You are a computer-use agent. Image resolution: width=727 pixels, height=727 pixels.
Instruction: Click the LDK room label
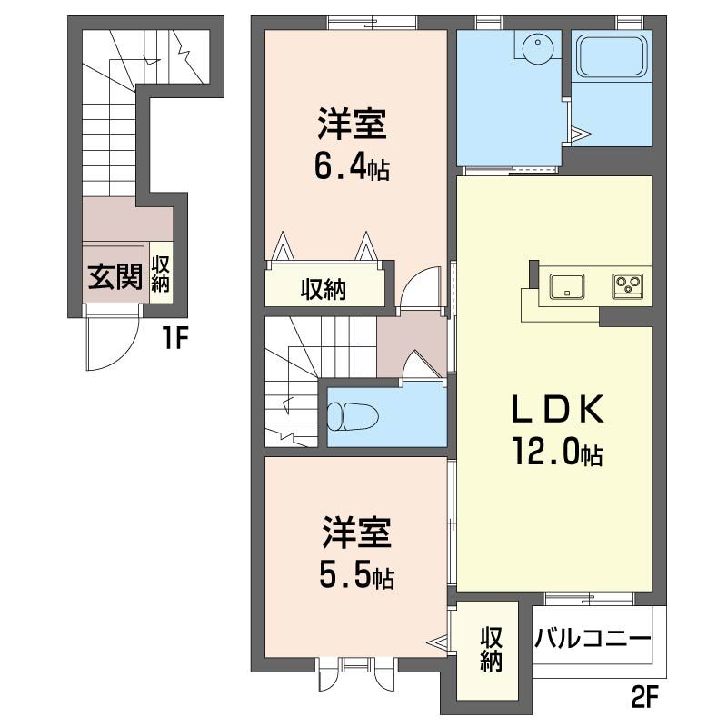[557, 408]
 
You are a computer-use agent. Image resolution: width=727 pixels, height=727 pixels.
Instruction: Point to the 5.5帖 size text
[356, 576]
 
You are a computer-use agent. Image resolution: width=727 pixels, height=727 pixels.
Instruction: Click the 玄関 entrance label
[115, 277]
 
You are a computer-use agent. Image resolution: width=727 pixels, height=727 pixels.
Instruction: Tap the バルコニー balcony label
[593, 640]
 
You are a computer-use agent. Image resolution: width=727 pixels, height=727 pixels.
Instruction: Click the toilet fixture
[354, 416]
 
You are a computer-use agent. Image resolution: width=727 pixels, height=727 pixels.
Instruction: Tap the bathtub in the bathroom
[611, 55]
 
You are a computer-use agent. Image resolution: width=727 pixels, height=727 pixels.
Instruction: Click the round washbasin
[537, 46]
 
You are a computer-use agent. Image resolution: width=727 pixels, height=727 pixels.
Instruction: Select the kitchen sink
[566, 286]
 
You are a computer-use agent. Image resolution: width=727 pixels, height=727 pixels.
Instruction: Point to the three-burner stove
[628, 285]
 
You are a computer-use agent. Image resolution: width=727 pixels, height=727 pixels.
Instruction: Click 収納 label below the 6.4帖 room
[324, 290]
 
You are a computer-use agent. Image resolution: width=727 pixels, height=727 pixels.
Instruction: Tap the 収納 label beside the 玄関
[161, 274]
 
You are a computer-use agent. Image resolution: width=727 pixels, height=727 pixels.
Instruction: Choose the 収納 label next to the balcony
[491, 649]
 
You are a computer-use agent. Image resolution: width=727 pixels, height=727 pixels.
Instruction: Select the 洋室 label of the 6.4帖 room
[353, 124]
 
